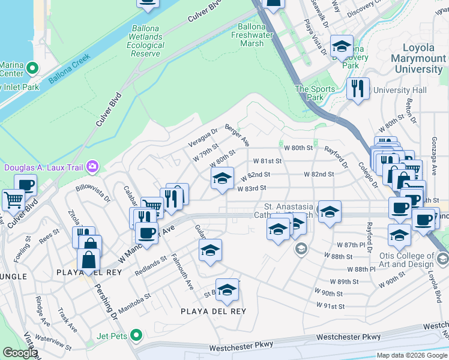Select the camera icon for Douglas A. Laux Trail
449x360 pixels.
[x=92, y=166]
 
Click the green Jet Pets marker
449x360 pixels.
[x=137, y=335]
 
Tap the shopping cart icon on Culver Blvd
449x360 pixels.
[x=13, y=199]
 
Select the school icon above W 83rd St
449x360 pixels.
[x=222, y=178]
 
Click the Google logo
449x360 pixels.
[x=20, y=353]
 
